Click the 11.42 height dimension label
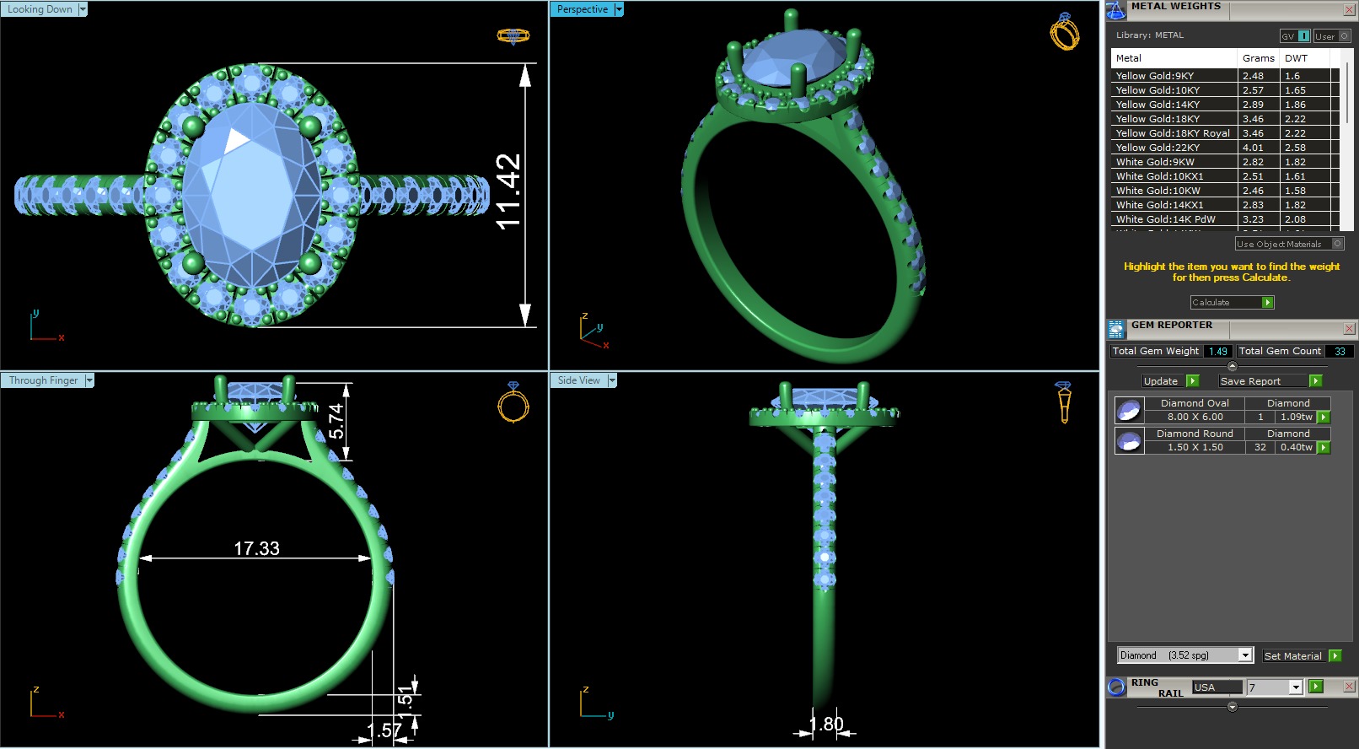[x=508, y=191]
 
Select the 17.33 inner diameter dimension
[x=256, y=549]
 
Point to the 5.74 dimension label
[x=336, y=421]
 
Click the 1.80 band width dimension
[x=826, y=725]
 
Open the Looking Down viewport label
[x=40, y=9]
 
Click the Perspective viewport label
[x=582, y=9]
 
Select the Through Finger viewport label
[x=43, y=380]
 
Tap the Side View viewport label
[x=579, y=380]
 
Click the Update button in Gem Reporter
[x=1161, y=381]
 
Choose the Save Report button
[x=1250, y=381]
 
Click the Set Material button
[x=1292, y=656]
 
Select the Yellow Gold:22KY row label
[x=1158, y=148]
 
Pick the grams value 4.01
[x=1253, y=148]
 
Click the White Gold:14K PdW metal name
[x=1165, y=219]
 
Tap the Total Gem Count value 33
[x=1340, y=352]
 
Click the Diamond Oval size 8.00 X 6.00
[x=1195, y=417]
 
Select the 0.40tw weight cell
[x=1296, y=447]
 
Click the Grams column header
[x=1258, y=58]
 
